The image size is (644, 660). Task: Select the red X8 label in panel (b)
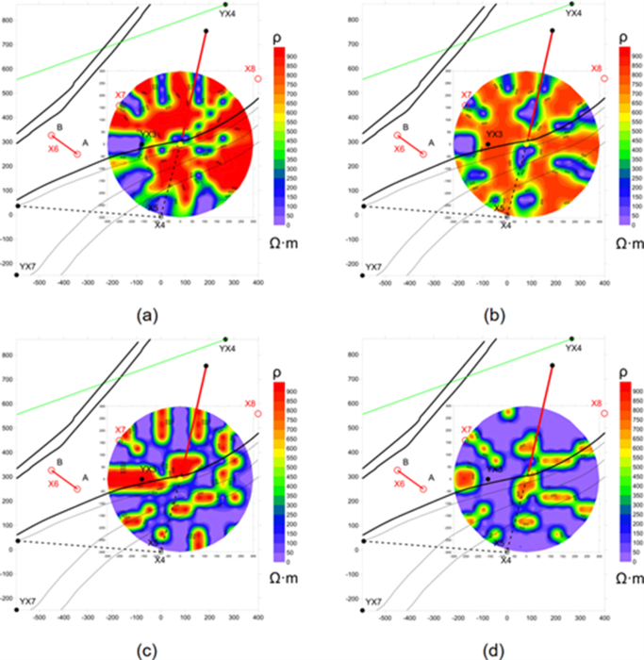595,68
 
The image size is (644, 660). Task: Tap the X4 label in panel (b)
505,225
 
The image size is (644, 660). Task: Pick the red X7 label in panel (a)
120,95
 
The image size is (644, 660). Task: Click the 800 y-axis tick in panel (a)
8,44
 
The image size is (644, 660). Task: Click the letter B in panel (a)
59,126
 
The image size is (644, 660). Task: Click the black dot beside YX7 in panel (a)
17,275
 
